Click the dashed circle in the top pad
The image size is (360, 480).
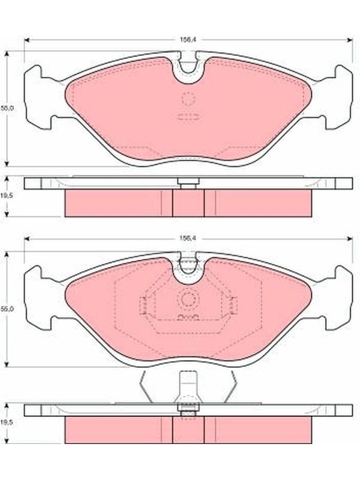coord(188,98)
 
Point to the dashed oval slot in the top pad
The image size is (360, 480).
coord(188,116)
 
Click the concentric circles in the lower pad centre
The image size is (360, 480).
coord(188,299)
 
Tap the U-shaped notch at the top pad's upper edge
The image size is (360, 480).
coord(188,70)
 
